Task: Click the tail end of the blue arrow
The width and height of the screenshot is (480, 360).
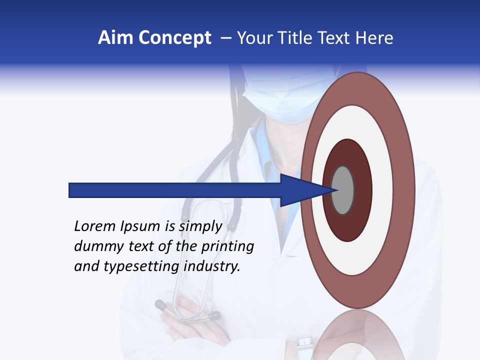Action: tap(70, 190)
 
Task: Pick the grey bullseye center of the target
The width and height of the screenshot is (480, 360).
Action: tap(343, 190)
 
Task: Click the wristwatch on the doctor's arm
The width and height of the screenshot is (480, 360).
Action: tap(303, 342)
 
